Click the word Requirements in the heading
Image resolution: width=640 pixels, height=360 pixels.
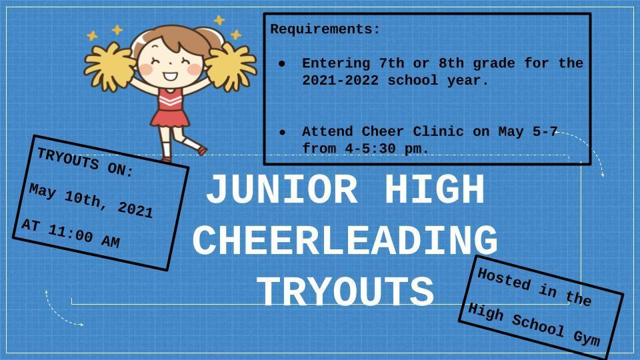click(321, 29)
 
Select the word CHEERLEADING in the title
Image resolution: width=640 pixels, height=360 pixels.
click(345, 241)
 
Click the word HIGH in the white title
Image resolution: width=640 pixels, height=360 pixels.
click(435, 189)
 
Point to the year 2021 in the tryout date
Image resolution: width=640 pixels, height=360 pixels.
click(135, 209)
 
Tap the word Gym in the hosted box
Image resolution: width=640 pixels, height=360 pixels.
click(587, 338)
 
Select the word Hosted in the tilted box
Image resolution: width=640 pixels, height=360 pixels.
click(505, 279)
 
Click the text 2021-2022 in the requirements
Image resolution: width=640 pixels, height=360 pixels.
click(341, 80)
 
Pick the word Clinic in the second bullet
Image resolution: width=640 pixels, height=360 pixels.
click(439, 131)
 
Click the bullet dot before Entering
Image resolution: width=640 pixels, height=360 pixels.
click(282, 64)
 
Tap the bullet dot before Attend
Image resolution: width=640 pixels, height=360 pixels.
click(282, 132)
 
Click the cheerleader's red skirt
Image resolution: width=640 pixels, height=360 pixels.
click(170, 118)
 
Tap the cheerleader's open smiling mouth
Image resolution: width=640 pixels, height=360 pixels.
click(170, 76)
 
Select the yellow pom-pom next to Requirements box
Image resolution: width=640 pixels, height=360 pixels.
click(230, 67)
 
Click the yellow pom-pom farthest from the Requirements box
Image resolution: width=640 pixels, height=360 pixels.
click(109, 67)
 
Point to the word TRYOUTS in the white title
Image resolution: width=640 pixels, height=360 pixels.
click(345, 291)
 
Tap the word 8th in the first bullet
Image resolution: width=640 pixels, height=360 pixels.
click(451, 63)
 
